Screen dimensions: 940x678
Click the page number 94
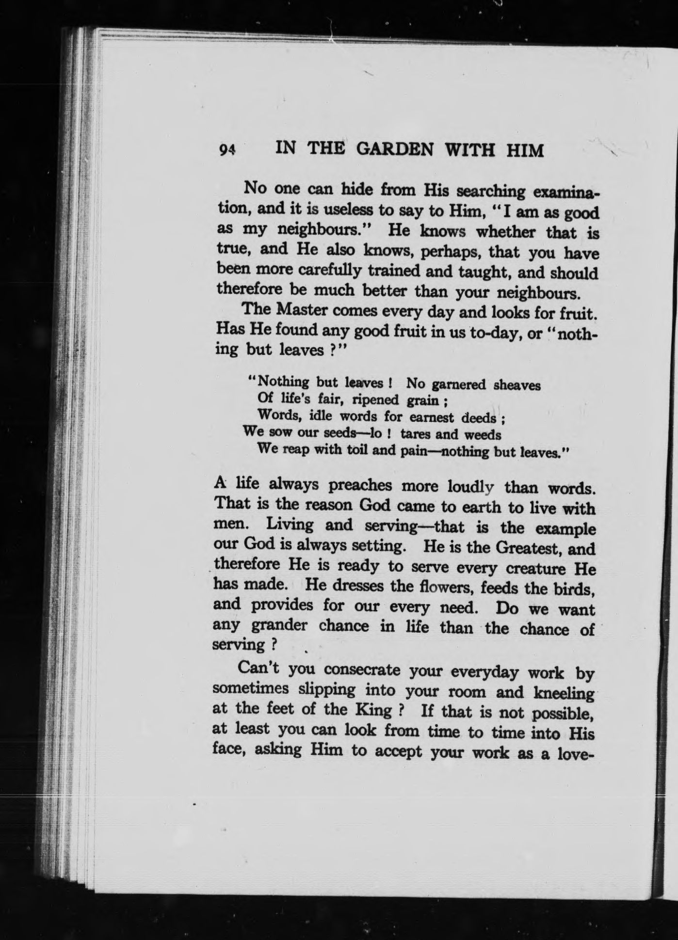(226, 150)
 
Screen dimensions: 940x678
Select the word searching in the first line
(492, 191)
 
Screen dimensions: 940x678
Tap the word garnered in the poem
(458, 384)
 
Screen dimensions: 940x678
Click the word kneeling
(564, 693)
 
